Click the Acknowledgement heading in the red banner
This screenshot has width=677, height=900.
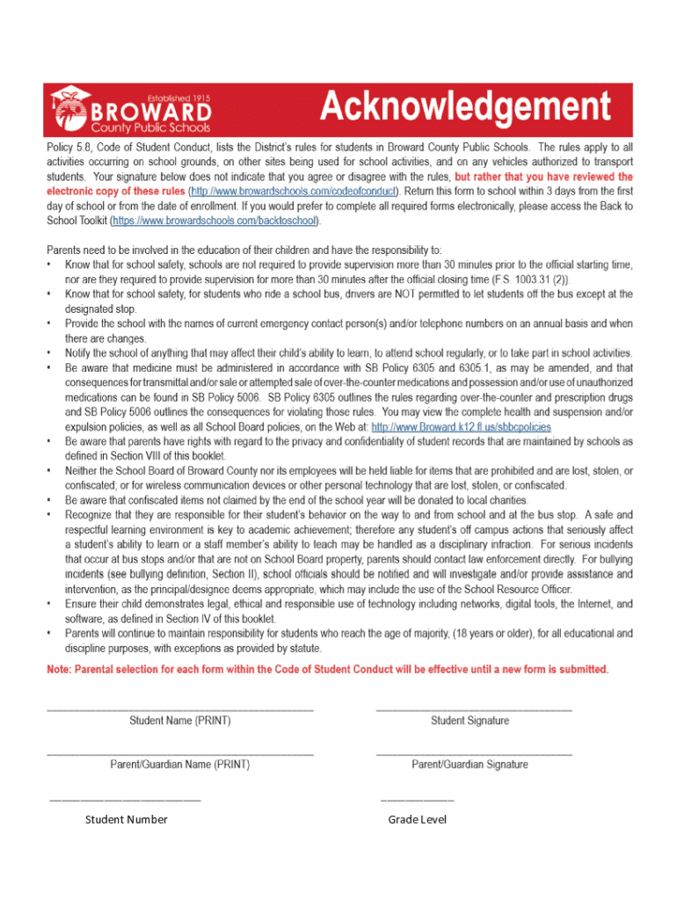pyautogui.click(x=465, y=108)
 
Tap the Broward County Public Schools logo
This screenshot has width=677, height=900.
pyautogui.click(x=132, y=109)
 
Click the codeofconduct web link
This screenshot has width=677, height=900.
pyautogui.click(x=294, y=190)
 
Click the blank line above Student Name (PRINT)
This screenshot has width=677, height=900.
pyautogui.click(x=179, y=708)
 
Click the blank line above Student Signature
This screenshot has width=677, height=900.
pyautogui.click(x=473, y=708)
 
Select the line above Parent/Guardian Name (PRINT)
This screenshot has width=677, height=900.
pyautogui.click(x=179, y=753)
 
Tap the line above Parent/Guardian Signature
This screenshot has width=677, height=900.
pyautogui.click(x=473, y=753)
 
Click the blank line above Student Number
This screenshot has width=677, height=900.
pyautogui.click(x=125, y=800)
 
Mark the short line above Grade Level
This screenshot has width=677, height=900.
pyautogui.click(x=417, y=800)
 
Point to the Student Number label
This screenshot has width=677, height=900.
pyautogui.click(x=126, y=820)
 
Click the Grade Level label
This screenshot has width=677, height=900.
pyautogui.click(x=418, y=820)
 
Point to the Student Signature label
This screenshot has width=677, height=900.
pyautogui.click(x=470, y=721)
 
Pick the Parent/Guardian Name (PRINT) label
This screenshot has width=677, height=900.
pyautogui.click(x=179, y=765)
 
